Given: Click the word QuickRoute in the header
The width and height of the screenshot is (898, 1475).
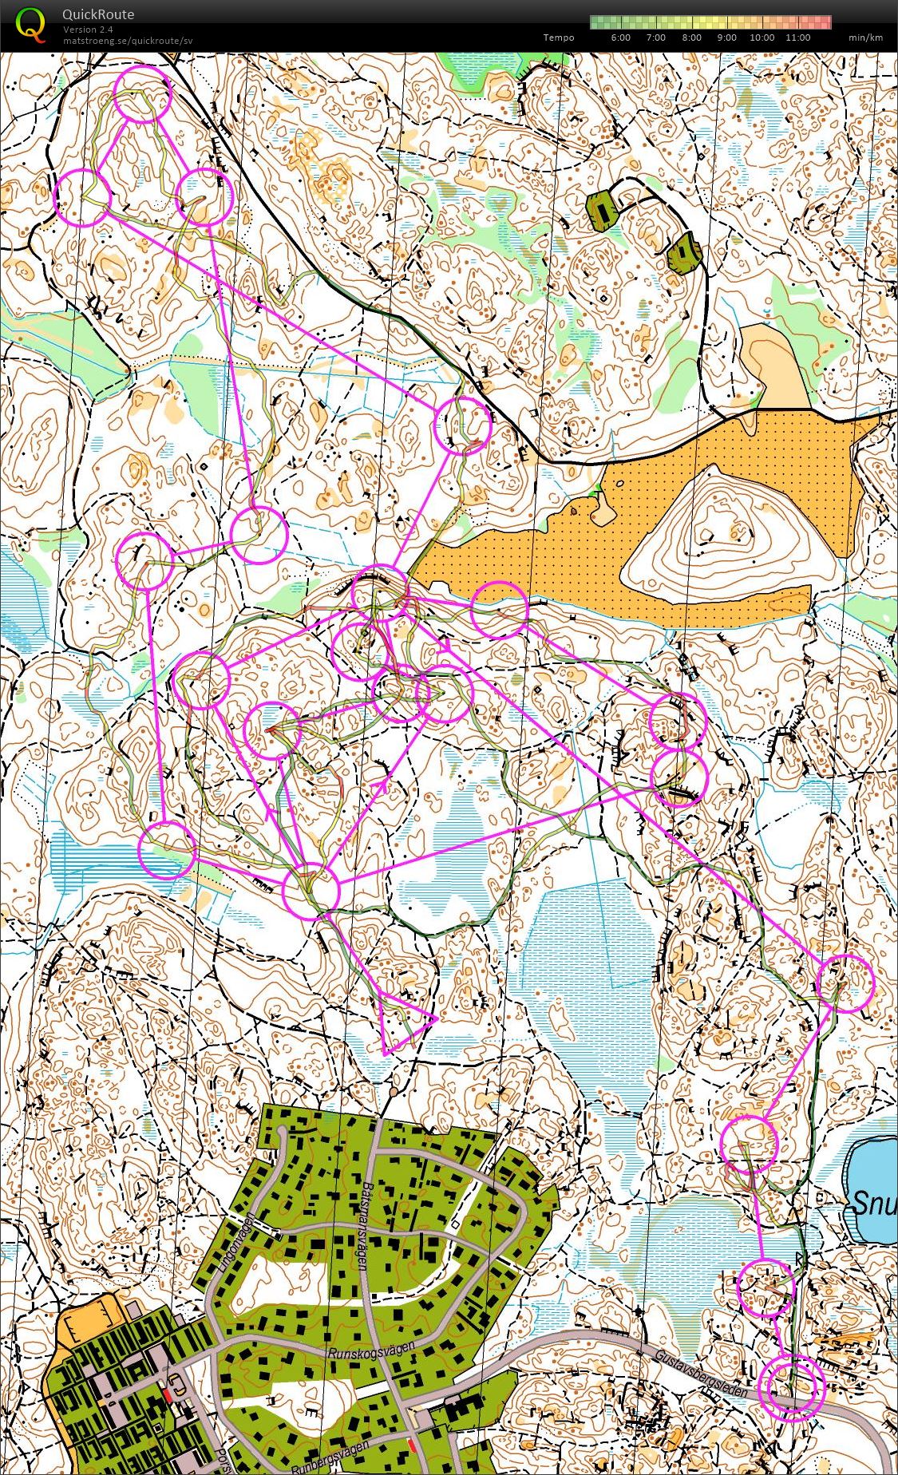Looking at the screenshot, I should pyautogui.click(x=98, y=14).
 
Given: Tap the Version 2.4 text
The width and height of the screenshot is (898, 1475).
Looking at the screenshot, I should pyautogui.click(x=89, y=30).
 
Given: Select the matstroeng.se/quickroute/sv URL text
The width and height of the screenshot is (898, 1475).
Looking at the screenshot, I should pyautogui.click(x=128, y=41).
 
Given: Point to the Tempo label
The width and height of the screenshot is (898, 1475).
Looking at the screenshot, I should pyautogui.click(x=559, y=38).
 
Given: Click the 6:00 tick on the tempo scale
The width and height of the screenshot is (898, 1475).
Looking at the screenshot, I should pyautogui.click(x=620, y=38).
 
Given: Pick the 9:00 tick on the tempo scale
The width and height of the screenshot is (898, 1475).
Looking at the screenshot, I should pyautogui.click(x=726, y=38).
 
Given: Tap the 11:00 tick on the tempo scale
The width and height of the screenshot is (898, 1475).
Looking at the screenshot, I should pyautogui.click(x=797, y=38).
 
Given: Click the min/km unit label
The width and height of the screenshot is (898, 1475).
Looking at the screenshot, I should pyautogui.click(x=865, y=38).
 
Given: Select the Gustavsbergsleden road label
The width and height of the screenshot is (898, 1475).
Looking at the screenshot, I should pyautogui.click(x=700, y=1373).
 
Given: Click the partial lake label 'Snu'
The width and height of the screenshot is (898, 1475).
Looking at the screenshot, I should pyautogui.click(x=875, y=1203).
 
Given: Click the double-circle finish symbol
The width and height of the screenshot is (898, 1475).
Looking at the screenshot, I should pyautogui.click(x=790, y=1388).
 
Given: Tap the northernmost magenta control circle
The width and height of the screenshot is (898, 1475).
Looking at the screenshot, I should pyautogui.click(x=143, y=95).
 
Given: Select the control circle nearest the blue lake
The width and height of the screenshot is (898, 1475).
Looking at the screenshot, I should pyautogui.click(x=748, y=1144).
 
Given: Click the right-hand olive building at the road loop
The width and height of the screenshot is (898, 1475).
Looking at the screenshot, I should pyautogui.click(x=684, y=255).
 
